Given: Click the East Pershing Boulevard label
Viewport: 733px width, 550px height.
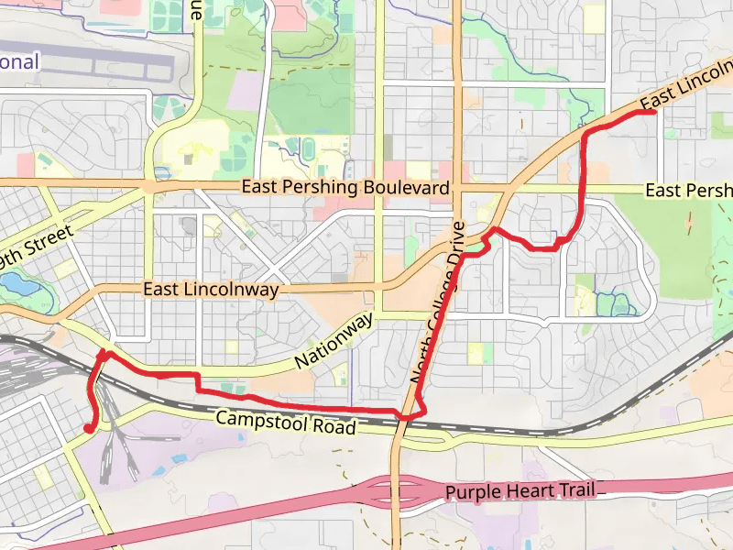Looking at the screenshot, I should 345,188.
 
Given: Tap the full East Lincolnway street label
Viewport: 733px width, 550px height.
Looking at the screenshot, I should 211,290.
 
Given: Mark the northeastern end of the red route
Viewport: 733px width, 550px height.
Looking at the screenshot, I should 653,112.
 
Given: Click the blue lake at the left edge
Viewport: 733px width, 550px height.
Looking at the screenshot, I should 20,286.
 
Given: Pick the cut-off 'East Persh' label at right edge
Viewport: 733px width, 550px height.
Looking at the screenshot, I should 688,191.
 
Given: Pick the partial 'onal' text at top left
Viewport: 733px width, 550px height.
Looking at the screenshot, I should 18,62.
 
